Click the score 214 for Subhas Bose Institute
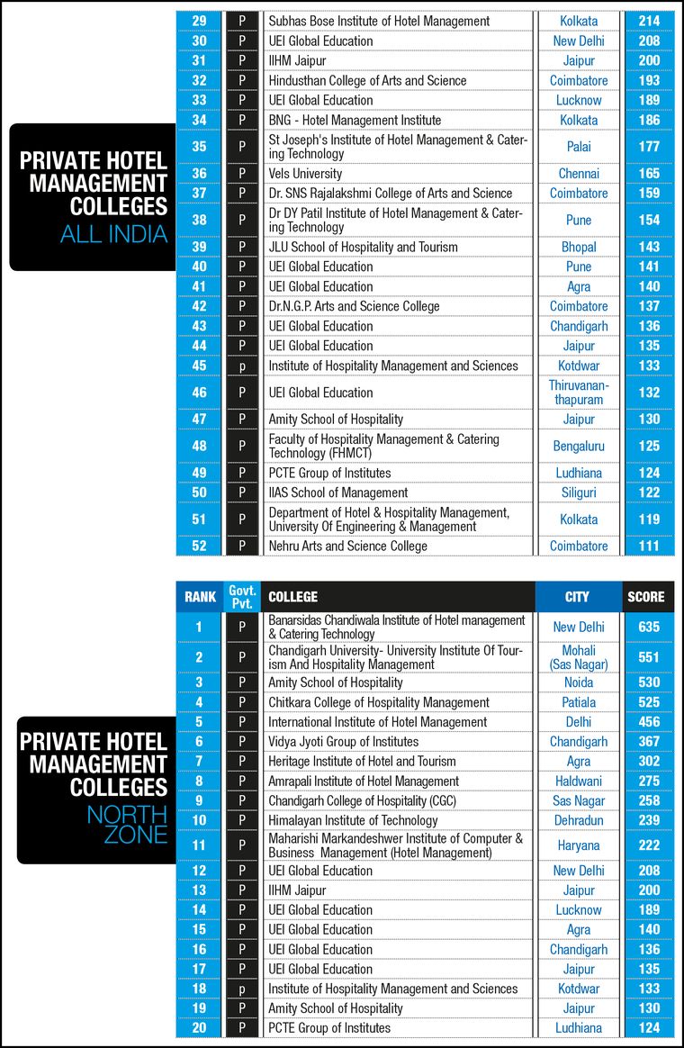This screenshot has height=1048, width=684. point(648,21)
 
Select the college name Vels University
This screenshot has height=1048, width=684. point(305,173)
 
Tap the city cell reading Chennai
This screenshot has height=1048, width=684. point(579,173)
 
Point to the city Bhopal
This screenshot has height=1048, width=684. point(579,247)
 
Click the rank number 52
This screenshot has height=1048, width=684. point(199,546)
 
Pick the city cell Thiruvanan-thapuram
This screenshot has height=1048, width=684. point(579,393)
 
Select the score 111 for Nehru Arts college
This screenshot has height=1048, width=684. point(648,546)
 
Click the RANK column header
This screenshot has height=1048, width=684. point(200,596)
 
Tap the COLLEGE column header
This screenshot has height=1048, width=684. point(292,596)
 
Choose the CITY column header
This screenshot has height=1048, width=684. point(578,596)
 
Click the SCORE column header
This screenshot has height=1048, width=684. point(646,596)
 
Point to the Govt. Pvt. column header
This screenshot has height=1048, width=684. point(242,596)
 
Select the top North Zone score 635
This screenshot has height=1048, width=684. point(648,627)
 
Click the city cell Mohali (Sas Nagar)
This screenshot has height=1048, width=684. point(579,657)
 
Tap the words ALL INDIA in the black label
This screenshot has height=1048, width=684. point(113,235)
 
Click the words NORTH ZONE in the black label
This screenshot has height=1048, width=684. point(127,825)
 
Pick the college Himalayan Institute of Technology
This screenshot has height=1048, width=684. point(353,820)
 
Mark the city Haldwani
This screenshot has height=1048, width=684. point(579,781)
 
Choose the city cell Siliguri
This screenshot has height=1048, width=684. point(579,492)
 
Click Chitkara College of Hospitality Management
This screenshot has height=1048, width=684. point(378,702)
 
